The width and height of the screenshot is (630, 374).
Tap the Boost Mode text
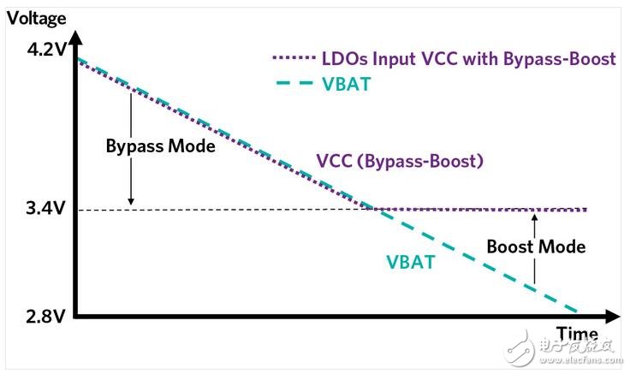click(x=536, y=246)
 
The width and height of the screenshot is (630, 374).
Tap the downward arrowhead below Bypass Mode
click(x=130, y=201)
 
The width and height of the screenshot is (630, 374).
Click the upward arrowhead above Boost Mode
click(x=535, y=217)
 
